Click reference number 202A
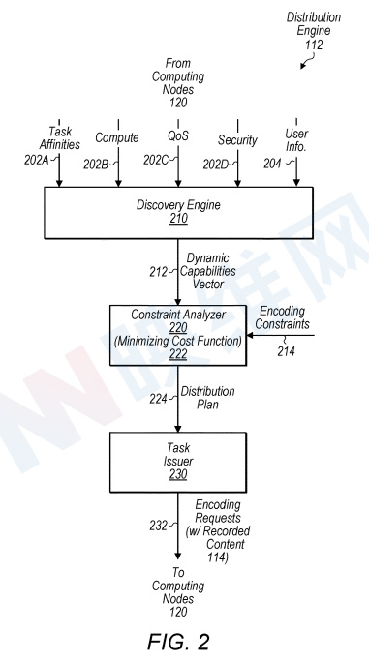[37, 161]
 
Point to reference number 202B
[96, 165]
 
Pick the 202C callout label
[156, 160]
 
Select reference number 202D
[216, 165]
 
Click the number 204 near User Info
[272, 164]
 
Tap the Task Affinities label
[60, 138]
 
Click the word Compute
[117, 137]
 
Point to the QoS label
[178, 135]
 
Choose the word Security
[237, 140]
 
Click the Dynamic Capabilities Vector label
[208, 271]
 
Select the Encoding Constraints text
[283, 317]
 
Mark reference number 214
[286, 351]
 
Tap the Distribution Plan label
[207, 398]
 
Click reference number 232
[158, 526]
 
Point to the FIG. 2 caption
[178, 642]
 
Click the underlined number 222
[178, 354]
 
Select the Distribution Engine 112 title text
[314, 31]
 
